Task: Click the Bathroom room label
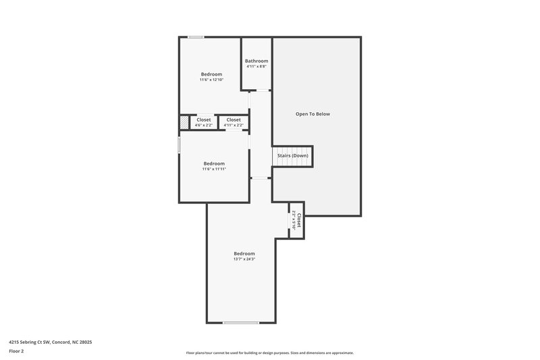coord(256,61)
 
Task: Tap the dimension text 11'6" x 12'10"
coord(211,80)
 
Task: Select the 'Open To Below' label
coord(313,113)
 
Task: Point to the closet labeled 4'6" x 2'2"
coord(204,122)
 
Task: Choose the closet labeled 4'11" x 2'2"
coord(234,122)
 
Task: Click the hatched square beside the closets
coord(184,122)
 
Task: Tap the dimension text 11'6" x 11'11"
coord(214,169)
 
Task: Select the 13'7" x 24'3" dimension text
coord(244,259)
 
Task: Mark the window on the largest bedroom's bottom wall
coord(241,322)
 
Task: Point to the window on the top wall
coord(196,37)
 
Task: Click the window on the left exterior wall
coord(179,145)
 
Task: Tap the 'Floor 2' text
coord(16,351)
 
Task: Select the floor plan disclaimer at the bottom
coord(270,353)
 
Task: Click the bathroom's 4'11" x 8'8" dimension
coord(256,66)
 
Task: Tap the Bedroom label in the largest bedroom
coord(244,253)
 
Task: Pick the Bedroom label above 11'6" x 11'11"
coord(214,163)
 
